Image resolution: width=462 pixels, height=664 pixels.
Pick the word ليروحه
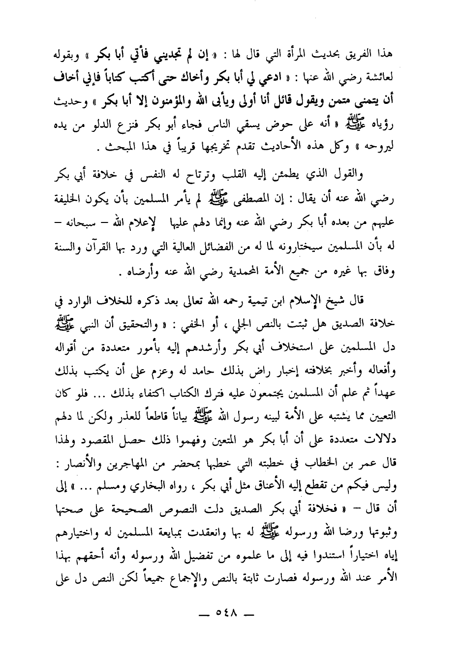tap(384, 147)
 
